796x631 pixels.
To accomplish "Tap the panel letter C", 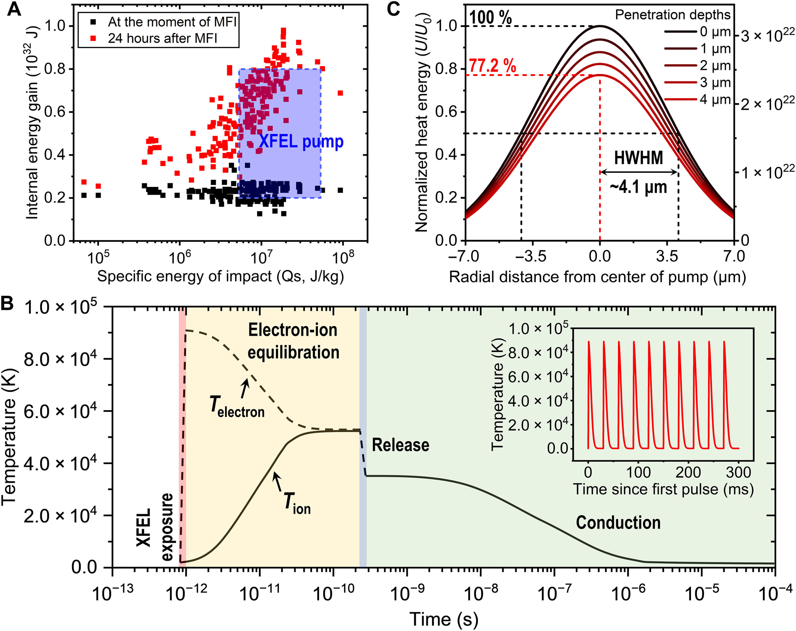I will click(x=394, y=9).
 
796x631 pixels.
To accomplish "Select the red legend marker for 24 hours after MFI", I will click(x=93, y=38).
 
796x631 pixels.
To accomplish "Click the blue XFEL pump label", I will click(x=301, y=142).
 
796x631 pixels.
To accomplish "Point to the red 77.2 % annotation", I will click(x=493, y=66).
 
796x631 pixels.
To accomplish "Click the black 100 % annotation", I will click(x=491, y=17).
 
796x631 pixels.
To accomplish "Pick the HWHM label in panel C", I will click(x=638, y=158).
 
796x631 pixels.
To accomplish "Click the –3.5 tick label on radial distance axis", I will click(x=531, y=256).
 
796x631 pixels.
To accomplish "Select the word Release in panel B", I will click(x=400, y=445).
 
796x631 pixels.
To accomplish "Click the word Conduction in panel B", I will click(x=618, y=522).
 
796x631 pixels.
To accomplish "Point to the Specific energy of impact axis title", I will click(x=220, y=276).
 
